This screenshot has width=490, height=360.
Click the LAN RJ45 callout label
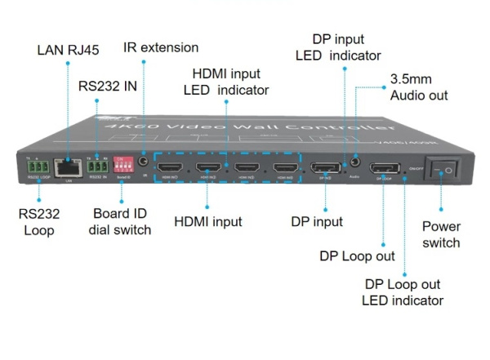point(69,51)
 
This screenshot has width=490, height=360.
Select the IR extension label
point(160,47)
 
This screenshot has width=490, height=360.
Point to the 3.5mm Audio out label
point(419,87)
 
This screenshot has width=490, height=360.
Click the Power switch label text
point(441,234)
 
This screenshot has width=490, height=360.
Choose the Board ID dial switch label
point(121,222)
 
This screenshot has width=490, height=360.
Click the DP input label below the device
point(317,221)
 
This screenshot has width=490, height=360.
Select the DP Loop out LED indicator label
point(403,292)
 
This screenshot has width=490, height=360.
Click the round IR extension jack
point(145,163)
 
